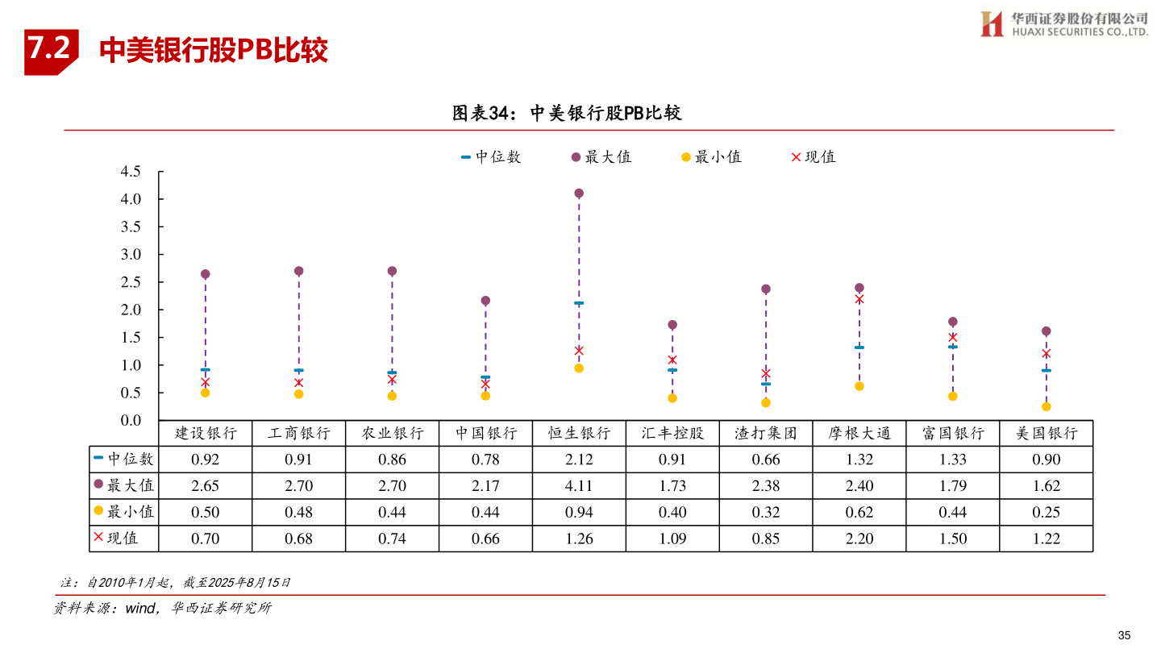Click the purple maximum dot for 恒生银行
coord(579,193)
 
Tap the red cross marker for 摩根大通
coord(859,299)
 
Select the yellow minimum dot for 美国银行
coord(1047,406)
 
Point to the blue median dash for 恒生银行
coord(579,303)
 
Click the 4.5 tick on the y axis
coord(130,172)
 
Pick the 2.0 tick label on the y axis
coord(130,310)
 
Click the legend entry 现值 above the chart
coord(814,157)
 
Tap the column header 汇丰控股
coord(672,434)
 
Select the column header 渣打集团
coord(766,434)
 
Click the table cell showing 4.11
coord(579,486)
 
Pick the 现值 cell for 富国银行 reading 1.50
coord(953,539)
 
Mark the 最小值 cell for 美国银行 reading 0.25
coord(1047,512)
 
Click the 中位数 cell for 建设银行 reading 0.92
coord(205,460)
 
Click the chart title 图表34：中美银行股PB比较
coord(567,114)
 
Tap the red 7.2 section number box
coord(50,50)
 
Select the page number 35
coord(1125,634)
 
